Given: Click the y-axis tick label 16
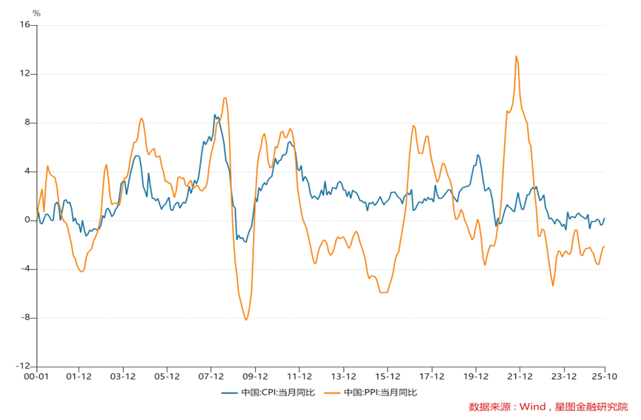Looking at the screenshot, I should point(24,24).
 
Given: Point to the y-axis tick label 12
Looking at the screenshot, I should point(24,73).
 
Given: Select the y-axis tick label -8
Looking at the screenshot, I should point(24,318).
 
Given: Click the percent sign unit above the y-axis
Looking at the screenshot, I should point(36,13).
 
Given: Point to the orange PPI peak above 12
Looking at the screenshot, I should point(516,56).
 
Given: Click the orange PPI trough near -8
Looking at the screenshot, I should point(246,319).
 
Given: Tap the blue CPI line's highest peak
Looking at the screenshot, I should point(214,115).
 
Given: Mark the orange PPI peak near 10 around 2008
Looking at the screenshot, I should point(225,98).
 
